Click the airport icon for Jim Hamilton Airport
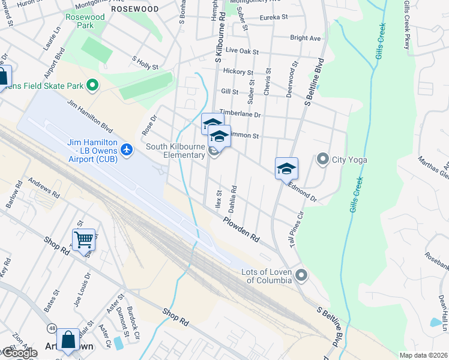[127, 149]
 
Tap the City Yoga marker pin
[323, 160]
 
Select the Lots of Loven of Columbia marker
[301, 275]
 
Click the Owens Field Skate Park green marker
[92, 86]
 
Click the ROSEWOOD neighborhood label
[135, 9]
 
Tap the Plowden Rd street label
[241, 229]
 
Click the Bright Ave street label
[305, 38]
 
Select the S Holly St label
[145, 63]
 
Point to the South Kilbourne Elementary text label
[176, 151]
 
